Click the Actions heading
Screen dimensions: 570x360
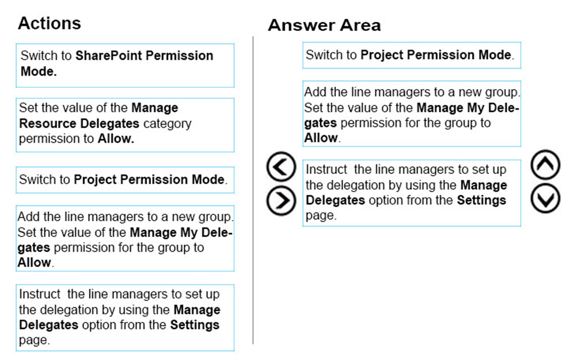[x=49, y=23]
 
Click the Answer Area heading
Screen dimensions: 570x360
[x=324, y=25]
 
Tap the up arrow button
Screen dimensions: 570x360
[x=545, y=164]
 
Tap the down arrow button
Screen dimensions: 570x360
[x=545, y=198]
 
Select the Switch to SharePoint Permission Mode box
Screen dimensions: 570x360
[x=125, y=66]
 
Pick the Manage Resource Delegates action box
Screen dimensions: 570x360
[x=125, y=125]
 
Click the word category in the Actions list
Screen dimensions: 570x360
[x=167, y=124]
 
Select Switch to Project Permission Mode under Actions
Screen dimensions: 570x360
[x=125, y=180]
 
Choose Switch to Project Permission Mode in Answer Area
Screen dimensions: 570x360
[x=412, y=55]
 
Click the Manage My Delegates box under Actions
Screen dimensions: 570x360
[x=125, y=239]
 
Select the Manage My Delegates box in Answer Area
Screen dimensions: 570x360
[x=412, y=114]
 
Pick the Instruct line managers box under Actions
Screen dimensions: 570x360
[x=125, y=318]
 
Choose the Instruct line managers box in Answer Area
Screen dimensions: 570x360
[x=412, y=193]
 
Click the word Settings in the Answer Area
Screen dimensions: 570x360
[x=481, y=200]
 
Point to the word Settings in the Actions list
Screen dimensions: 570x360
[x=195, y=325]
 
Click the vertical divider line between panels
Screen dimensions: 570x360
[x=253, y=190]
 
